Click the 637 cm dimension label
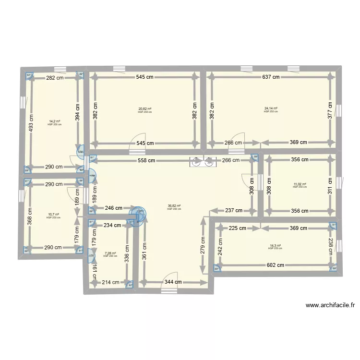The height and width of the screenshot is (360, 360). tap(271, 77)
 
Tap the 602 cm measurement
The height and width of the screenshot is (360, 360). tap(276, 264)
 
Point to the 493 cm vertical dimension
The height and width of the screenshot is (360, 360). tap(31, 123)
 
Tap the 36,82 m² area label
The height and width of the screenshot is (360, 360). tap(174, 206)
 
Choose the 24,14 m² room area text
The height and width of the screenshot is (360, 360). tap(271, 108)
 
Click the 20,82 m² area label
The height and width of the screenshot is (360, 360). tap(145, 108)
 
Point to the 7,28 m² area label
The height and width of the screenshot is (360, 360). tap(110, 253)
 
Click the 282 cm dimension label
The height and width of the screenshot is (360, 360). tap(54, 77)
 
